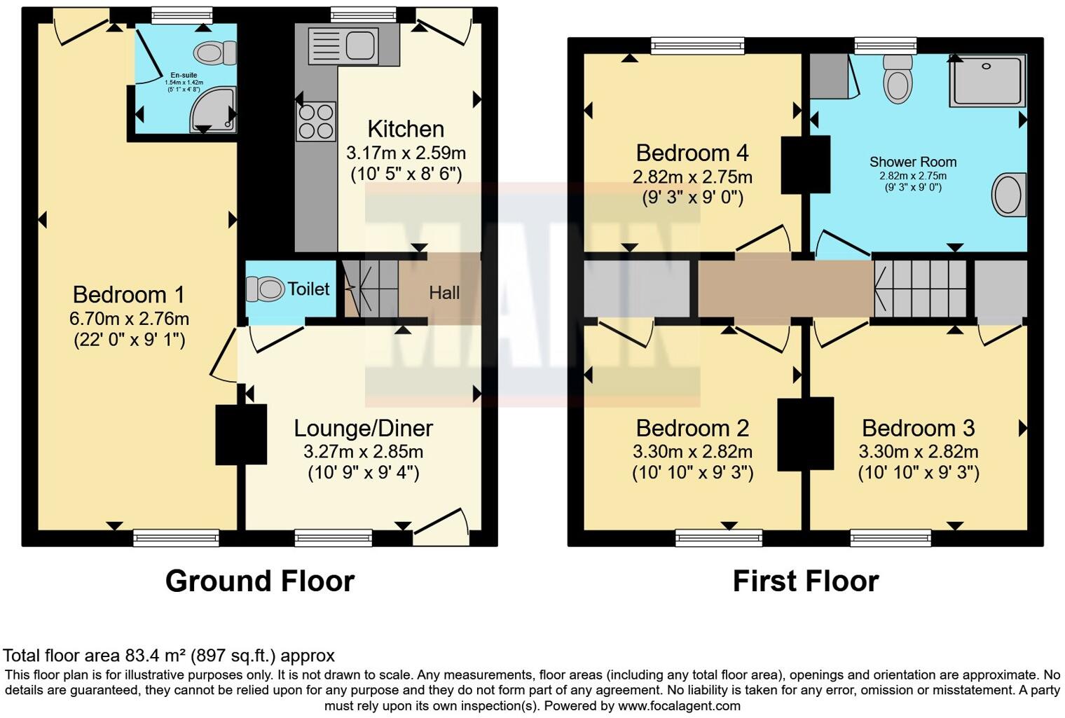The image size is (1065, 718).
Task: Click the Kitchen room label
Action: tap(406, 129)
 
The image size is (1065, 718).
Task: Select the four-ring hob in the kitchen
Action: tap(316, 121)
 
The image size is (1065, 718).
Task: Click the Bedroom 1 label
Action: tap(129, 294)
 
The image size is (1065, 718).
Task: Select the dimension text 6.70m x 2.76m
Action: tap(129, 319)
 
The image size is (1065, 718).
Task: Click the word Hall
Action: tap(444, 292)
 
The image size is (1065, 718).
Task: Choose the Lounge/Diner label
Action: tap(363, 428)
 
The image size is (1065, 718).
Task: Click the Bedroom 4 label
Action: tap(692, 153)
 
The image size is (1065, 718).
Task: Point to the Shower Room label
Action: tap(913, 162)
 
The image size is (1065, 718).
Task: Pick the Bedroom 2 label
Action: tap(692, 428)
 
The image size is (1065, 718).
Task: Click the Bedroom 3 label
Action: tap(918, 428)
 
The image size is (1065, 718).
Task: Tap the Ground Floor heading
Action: tap(260, 581)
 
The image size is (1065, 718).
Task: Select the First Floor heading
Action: tap(806, 581)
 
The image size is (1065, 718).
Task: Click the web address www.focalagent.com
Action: tap(679, 706)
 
